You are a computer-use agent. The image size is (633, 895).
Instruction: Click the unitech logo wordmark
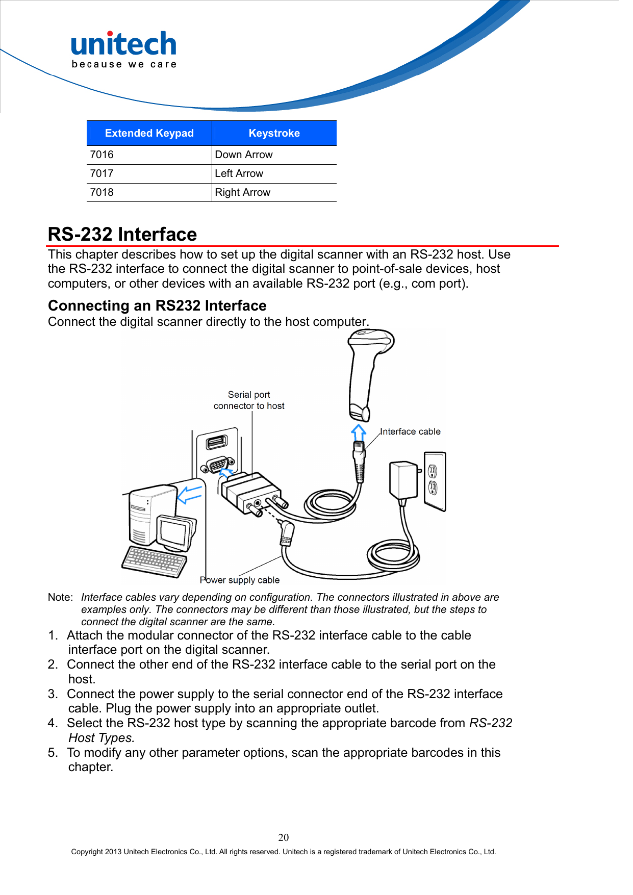coord(123,44)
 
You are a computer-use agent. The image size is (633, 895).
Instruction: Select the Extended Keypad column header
coord(149,133)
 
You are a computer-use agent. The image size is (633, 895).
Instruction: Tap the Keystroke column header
coord(274,133)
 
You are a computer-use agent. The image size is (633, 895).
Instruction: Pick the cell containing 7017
coord(102,173)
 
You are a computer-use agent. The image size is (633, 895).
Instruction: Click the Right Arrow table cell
coord(243,192)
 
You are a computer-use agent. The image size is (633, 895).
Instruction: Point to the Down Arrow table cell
coord(244,155)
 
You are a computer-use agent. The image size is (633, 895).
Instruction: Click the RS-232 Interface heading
coord(122,234)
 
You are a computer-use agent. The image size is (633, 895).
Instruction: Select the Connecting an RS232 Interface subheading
coord(157,305)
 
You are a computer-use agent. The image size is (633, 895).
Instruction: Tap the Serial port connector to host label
coord(249,400)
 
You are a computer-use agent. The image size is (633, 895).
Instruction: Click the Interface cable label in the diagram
coord(410,431)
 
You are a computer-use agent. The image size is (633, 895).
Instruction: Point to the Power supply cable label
coord(240,580)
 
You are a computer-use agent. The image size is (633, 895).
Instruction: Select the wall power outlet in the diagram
coord(435,480)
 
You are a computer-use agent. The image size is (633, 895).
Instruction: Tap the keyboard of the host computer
coord(154,561)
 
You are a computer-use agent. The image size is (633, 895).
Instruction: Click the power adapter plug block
coord(403,479)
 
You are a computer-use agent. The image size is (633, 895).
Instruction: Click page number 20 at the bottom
coord(284,837)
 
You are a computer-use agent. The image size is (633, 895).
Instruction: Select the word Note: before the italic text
coord(60,597)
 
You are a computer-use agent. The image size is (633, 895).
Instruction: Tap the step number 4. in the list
coord(53,723)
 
